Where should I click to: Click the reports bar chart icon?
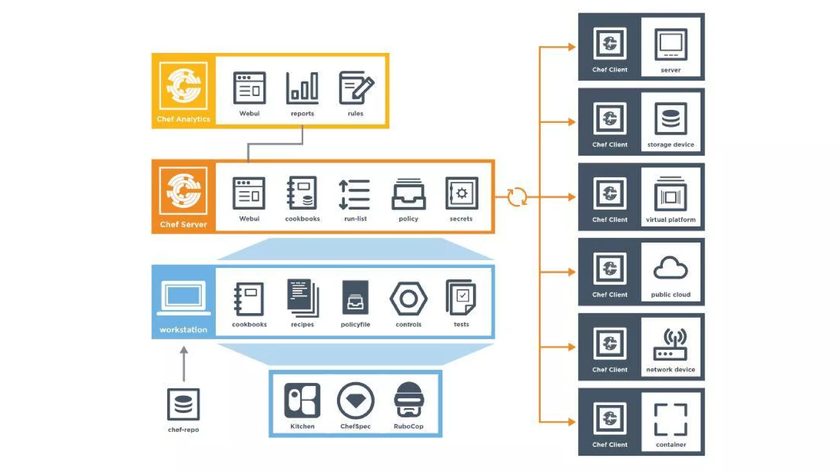click(x=302, y=87)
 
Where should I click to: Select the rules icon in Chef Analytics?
click(x=356, y=87)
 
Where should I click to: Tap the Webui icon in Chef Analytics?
click(x=249, y=88)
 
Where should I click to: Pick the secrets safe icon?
click(x=461, y=193)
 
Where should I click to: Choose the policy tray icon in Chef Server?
click(x=409, y=194)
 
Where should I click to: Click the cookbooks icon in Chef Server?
click(x=302, y=193)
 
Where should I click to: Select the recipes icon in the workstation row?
click(x=303, y=298)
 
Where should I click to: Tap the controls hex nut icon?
click(x=409, y=299)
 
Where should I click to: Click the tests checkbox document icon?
click(x=461, y=297)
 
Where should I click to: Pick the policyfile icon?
click(x=355, y=298)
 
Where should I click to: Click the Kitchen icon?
click(x=302, y=399)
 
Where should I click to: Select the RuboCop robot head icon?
click(x=409, y=399)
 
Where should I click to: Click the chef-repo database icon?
click(x=183, y=404)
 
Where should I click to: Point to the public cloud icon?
click(x=671, y=268)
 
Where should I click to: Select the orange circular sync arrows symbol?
click(x=517, y=197)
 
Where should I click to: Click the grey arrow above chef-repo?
click(x=184, y=363)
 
